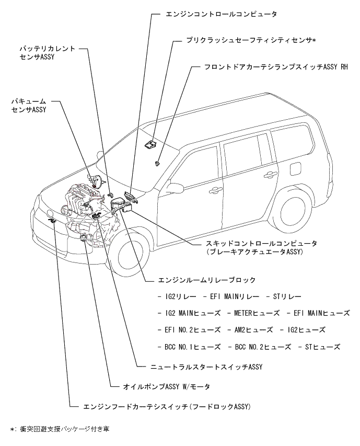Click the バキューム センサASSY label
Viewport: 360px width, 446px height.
point(29,106)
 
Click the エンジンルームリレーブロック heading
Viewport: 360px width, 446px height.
point(206,280)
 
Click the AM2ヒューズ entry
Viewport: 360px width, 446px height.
point(251,330)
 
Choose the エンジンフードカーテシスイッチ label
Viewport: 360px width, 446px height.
point(168,406)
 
